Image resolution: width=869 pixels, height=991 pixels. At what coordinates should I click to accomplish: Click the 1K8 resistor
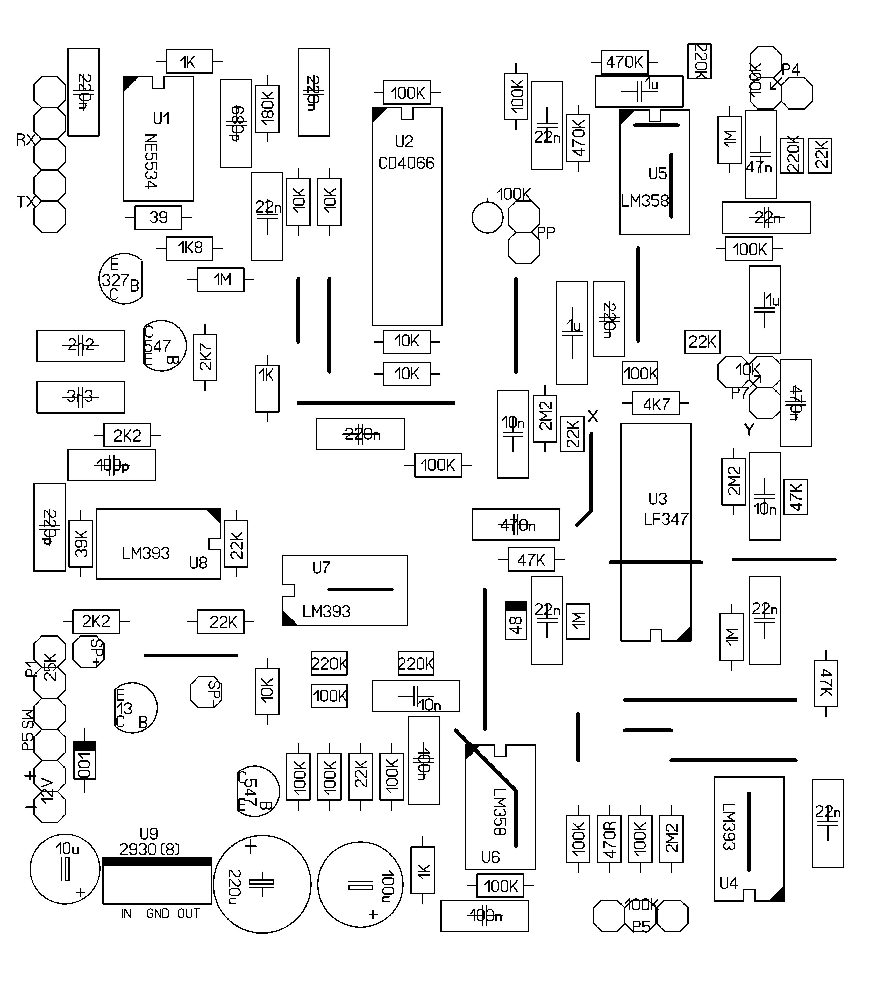click(x=190, y=248)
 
